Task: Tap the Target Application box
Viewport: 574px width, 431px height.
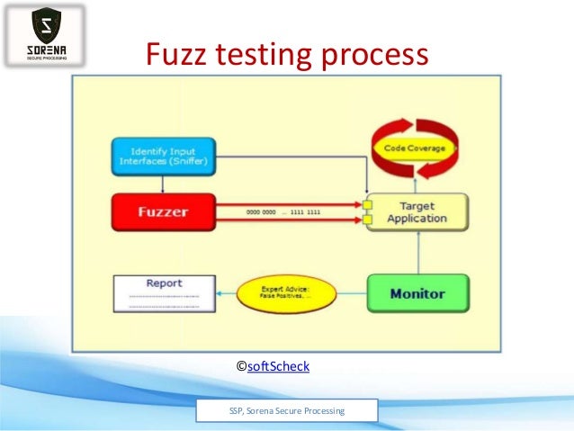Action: pos(415,211)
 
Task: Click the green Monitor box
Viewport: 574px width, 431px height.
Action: pos(417,293)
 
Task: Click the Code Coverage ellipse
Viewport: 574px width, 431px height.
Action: pos(415,148)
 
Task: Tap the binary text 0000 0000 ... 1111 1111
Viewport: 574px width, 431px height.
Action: pos(283,211)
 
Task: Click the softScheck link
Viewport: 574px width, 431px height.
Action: pos(278,366)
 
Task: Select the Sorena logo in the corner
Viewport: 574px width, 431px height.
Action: pos(45,35)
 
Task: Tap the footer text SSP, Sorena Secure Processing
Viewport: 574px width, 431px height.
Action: pos(287,411)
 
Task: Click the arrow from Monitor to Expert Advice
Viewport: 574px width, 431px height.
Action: pos(353,294)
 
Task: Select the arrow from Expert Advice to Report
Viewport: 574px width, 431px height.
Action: pos(227,294)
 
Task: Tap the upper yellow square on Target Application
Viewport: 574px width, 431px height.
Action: pos(367,205)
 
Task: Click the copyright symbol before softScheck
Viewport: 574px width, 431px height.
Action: pos(241,366)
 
